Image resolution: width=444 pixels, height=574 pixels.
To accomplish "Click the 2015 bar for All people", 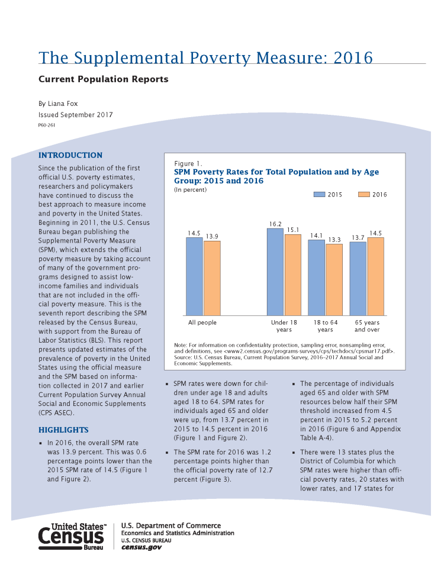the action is (x=194, y=276).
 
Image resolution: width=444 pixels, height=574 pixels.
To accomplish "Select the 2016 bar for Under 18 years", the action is (x=292, y=275).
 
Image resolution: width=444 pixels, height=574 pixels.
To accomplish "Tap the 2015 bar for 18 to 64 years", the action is (x=316, y=278).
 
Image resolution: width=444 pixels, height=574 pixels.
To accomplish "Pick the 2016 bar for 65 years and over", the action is (x=375, y=276).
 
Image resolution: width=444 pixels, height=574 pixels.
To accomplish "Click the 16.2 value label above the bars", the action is (x=275, y=224).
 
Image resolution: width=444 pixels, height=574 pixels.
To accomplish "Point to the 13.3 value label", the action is (x=334, y=240).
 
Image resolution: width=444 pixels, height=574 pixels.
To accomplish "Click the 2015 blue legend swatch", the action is (x=319, y=194).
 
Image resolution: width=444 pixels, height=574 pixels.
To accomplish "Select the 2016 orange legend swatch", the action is (x=363, y=194).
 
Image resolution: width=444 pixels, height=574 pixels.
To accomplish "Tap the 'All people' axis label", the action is (x=202, y=323).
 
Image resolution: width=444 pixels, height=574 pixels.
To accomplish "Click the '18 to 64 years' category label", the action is (x=326, y=326).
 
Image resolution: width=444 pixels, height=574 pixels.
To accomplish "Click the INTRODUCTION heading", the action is (x=70, y=155).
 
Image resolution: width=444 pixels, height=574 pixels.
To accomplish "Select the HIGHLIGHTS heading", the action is (x=63, y=430).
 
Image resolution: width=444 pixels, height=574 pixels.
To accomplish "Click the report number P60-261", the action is (x=47, y=125).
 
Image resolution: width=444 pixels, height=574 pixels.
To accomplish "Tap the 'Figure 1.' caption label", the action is (x=188, y=164).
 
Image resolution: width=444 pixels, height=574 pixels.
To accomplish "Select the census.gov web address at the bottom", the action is (x=141, y=547).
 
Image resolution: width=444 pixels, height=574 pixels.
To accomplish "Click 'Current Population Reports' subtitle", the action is (x=104, y=79).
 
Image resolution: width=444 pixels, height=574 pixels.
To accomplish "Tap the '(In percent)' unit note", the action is (x=190, y=189).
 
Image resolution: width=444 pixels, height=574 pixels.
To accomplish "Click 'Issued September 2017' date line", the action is (x=75, y=115).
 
